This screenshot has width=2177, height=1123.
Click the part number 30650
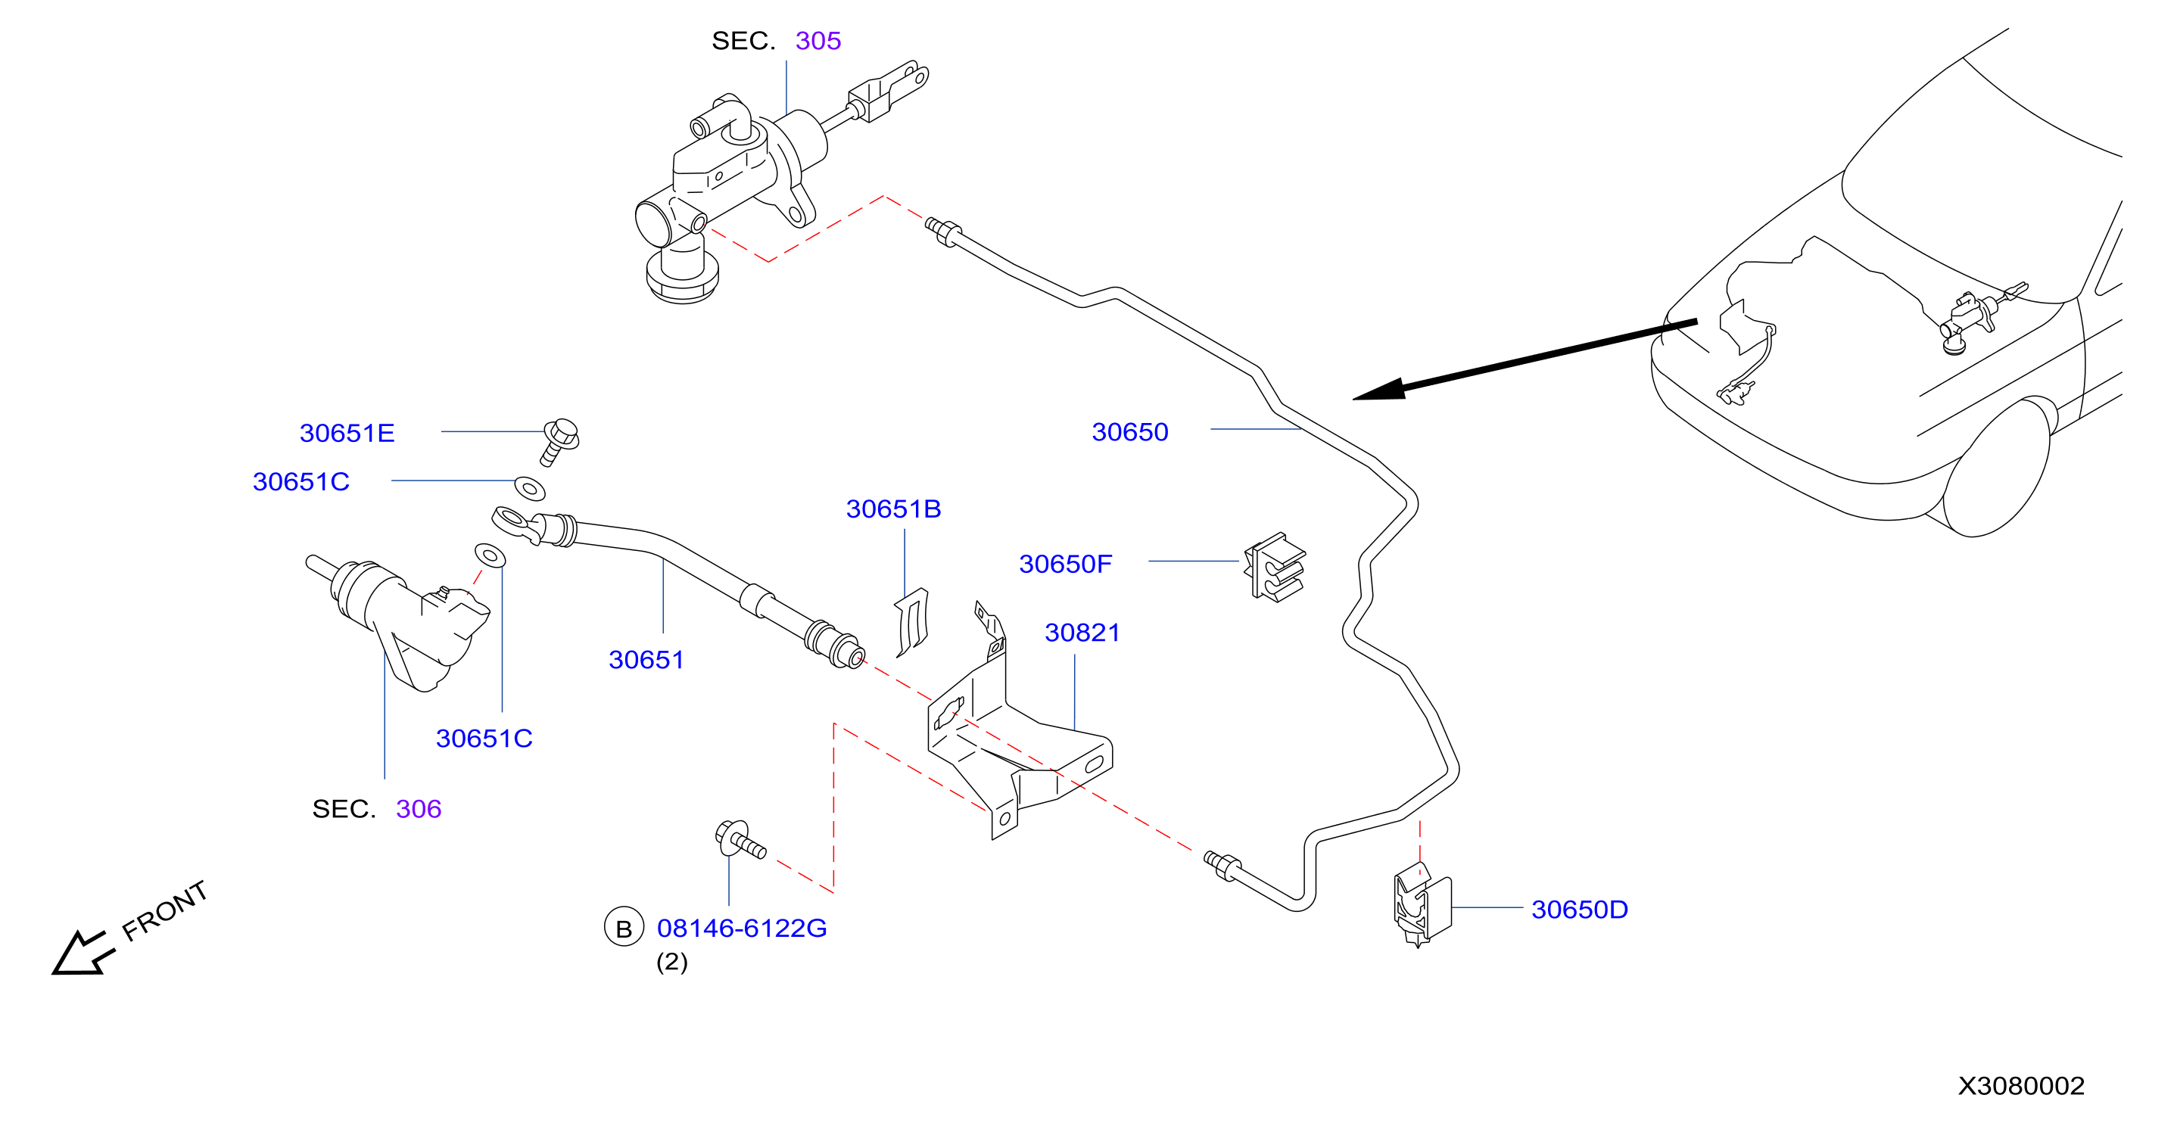[1130, 432]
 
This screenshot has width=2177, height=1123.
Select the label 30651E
[347, 433]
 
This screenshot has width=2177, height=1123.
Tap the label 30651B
[893, 509]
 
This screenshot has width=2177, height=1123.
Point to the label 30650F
[1065, 564]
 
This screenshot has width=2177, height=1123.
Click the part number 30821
[1082, 632]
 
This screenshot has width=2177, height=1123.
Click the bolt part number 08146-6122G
[741, 928]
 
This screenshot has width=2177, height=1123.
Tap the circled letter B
[624, 928]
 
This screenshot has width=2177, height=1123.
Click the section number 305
[818, 41]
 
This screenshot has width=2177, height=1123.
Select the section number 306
[419, 809]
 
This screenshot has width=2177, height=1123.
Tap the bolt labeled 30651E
[559, 441]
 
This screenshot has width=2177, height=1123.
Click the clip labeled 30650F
[1275, 567]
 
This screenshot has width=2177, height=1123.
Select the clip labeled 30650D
[1422, 904]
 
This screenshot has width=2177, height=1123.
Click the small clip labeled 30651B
[913, 622]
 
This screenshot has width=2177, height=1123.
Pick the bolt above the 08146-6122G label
[740, 838]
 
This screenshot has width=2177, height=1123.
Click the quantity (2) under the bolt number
[672, 962]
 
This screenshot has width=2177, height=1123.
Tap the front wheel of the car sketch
[1996, 467]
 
